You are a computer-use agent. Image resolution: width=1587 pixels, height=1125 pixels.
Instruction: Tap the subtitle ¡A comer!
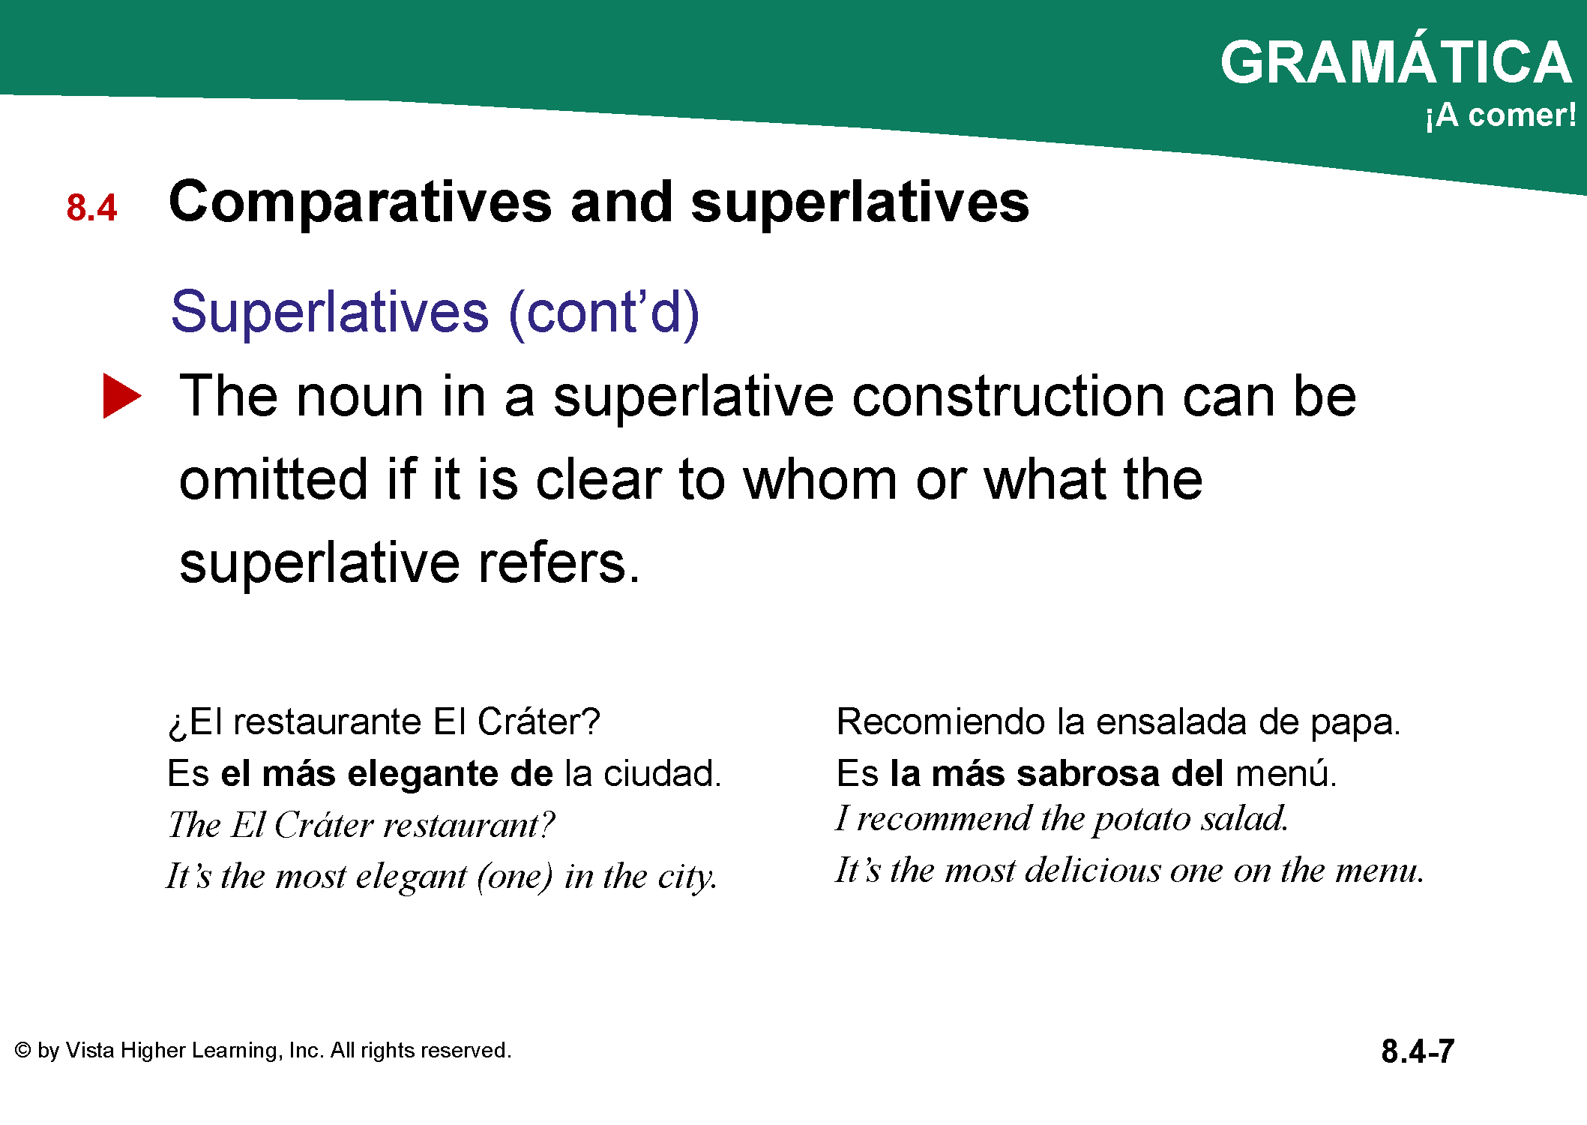pos(1500,115)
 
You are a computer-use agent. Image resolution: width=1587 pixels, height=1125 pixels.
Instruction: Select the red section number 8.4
pos(91,208)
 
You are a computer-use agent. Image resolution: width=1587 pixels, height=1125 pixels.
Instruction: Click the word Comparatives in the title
pos(361,202)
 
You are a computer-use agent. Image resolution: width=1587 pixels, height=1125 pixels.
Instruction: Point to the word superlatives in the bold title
pos(860,202)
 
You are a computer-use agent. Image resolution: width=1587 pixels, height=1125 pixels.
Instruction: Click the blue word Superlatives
pos(330,312)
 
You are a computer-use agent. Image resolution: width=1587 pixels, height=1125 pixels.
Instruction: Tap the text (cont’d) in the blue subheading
pos(603,312)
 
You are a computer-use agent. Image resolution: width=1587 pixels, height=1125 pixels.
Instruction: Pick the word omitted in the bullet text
pos(274,479)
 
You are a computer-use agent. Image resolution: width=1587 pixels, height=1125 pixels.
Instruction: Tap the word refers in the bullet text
pos(559,563)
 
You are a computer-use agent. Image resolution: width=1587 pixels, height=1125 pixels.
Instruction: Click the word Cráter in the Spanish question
pos(538,721)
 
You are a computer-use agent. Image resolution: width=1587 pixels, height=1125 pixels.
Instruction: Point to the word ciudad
pos(662,774)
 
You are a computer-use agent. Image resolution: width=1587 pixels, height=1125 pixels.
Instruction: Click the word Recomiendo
pos(941,721)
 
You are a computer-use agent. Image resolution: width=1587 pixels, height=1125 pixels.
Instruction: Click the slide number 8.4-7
pos(1418,1051)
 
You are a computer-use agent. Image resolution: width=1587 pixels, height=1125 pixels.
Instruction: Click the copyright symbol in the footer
pos(23,1050)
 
